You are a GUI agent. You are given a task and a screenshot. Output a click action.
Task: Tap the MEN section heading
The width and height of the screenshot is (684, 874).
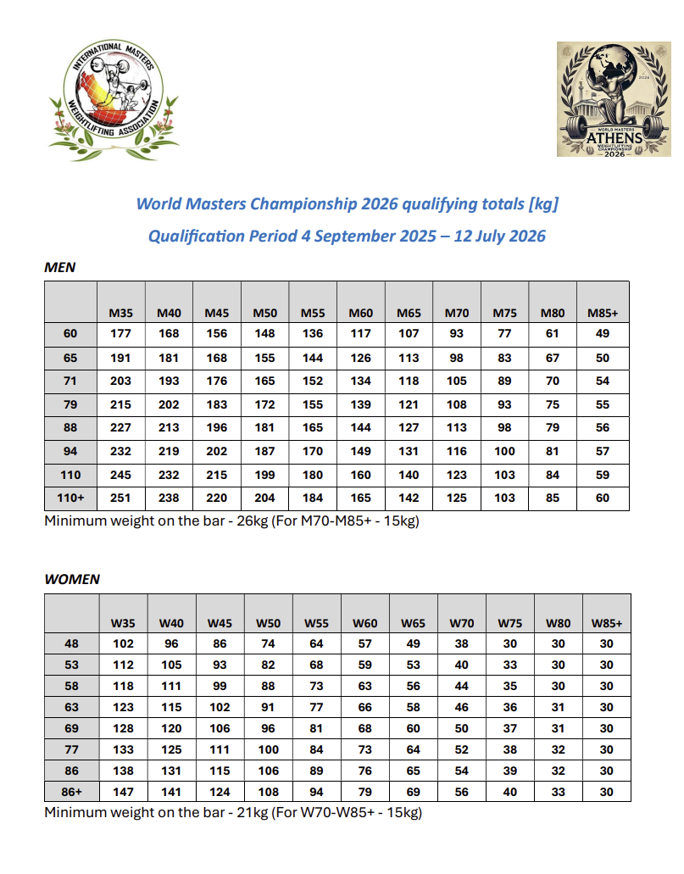point(60,268)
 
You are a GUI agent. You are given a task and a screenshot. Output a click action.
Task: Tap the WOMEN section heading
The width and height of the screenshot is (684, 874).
point(72,580)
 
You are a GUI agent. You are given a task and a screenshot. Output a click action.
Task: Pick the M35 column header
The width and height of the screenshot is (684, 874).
point(120,313)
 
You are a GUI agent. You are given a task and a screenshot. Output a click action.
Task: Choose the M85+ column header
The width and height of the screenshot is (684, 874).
point(603,313)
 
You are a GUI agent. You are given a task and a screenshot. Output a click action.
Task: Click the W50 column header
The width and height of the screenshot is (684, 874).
point(269,623)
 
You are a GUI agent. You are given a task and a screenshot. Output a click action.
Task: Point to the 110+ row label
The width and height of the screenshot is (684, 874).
point(71,498)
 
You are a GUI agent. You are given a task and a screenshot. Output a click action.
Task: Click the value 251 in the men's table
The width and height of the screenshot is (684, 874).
point(120,498)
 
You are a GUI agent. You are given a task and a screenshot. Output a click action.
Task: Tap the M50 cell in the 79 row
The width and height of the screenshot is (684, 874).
point(265,404)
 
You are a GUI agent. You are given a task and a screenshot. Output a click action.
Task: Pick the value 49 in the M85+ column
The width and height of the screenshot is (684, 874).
point(603,334)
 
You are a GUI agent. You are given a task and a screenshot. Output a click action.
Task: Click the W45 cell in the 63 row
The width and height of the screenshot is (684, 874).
point(220,706)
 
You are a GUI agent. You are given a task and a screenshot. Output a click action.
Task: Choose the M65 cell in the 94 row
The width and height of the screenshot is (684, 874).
point(409,451)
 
